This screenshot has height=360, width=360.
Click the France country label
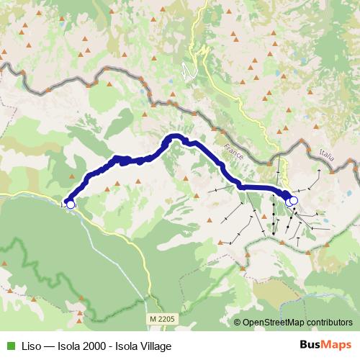click(x=235, y=152)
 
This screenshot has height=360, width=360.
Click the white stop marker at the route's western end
click(x=71, y=204)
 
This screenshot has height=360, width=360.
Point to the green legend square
click(x=9, y=346)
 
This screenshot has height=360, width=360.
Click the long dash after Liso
click(x=48, y=346)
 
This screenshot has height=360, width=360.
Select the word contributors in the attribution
click(x=330, y=323)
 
